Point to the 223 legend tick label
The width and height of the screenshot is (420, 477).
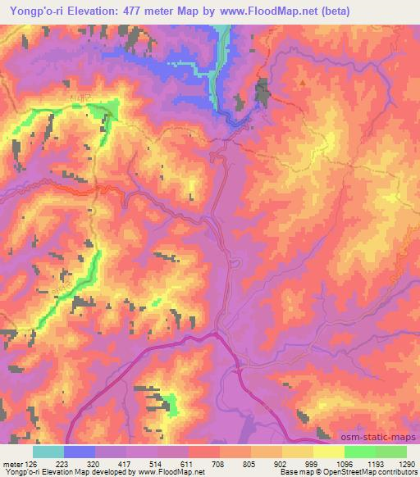pyautogui.click(x=62, y=462)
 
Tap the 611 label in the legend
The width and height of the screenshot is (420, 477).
pyautogui.click(x=188, y=462)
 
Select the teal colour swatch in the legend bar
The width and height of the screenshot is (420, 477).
pyautogui.click(x=48, y=452)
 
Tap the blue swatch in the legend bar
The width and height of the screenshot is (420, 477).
pyautogui.click(x=80, y=452)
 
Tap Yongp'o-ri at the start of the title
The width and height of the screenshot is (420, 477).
pyautogui.click(x=34, y=11)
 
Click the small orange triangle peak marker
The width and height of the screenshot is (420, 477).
pyautogui.click(x=302, y=82)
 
